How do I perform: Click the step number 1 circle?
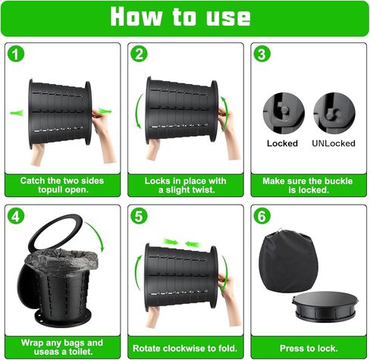point(16,54)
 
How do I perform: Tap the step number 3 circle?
point(262,54)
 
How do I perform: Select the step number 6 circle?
point(262,216)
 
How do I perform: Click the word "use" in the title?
point(228,18)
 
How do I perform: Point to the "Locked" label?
point(282,143)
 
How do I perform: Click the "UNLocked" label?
point(334,143)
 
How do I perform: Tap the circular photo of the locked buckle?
point(284,113)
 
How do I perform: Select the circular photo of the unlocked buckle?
point(334,113)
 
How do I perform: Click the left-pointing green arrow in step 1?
point(17,113)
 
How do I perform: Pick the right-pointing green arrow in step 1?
point(105,111)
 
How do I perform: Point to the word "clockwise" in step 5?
point(184,349)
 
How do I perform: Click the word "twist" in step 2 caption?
point(203,190)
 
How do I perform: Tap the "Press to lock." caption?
point(309,349)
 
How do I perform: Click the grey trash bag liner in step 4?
point(61,260)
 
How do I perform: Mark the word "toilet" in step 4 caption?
point(80,352)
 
